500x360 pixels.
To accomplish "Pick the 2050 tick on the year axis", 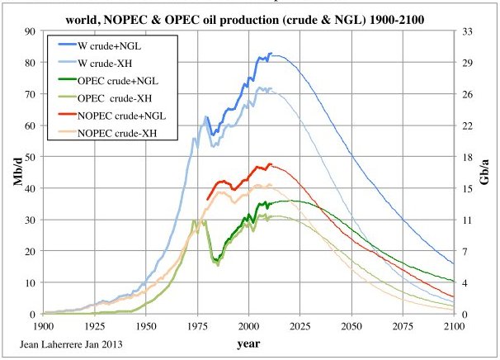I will click(x=351, y=325).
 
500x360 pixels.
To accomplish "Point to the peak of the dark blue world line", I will click(x=272, y=54).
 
